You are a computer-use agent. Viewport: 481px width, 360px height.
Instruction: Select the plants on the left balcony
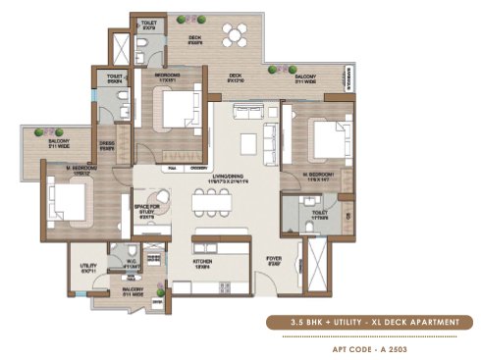pos(41,131)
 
